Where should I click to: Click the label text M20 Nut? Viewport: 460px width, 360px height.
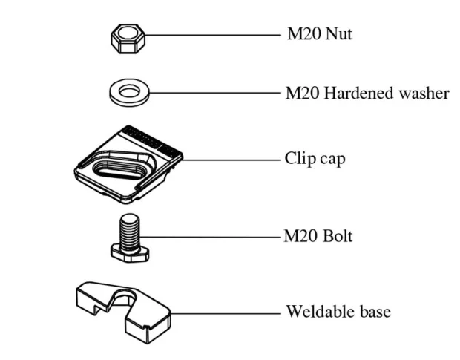click(320, 35)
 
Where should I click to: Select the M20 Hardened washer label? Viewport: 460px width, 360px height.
click(367, 94)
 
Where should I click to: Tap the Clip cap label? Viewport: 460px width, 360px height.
click(315, 159)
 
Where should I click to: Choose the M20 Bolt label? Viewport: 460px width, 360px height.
click(318, 238)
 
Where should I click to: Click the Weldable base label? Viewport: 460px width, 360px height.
click(338, 311)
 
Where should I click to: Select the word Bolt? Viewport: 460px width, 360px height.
click(337, 238)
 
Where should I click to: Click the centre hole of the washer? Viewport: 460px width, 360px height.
click(131, 92)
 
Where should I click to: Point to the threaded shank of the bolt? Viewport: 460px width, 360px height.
click(131, 227)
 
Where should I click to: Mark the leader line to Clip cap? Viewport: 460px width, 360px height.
click(230, 159)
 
